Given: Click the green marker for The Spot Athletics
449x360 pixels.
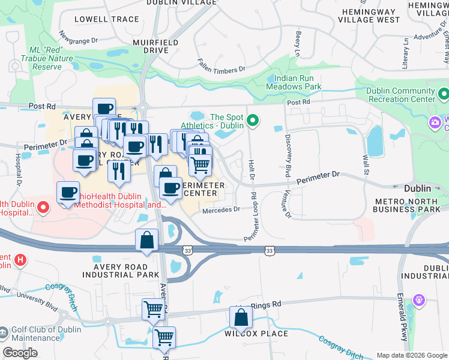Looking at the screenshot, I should [x=253, y=121].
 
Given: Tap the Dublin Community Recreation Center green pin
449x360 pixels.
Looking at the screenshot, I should [x=444, y=94].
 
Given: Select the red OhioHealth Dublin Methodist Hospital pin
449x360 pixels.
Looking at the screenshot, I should [x=43, y=208].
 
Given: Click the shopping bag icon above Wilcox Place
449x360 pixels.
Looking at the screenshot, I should [x=241, y=318].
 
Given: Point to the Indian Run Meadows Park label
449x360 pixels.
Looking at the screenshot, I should [x=298, y=82].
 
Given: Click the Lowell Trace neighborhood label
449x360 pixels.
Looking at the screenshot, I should [x=107, y=19].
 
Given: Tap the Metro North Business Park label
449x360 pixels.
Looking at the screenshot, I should [x=406, y=205].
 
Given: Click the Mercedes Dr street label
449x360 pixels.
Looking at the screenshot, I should [x=221, y=209].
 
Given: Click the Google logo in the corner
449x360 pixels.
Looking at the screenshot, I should [x=20, y=353].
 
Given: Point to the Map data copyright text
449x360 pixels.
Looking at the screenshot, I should [x=411, y=355].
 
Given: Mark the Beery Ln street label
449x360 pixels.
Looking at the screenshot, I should [x=297, y=43].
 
